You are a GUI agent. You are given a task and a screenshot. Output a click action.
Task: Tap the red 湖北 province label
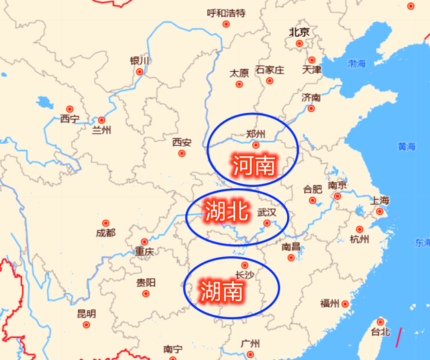[227, 211]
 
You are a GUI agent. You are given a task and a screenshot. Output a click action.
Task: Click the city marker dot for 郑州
[256, 145]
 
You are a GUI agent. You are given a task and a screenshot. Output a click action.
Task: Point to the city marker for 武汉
[267, 223]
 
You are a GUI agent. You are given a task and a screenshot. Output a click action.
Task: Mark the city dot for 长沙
[245, 265]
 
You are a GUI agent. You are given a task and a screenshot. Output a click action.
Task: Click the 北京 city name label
[299, 32]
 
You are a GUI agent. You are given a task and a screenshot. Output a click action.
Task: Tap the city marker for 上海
[380, 211]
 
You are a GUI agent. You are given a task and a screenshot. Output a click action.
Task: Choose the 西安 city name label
[182, 142]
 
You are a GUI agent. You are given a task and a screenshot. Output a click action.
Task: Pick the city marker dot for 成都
[106, 223]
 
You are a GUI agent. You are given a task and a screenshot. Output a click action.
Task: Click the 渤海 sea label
[357, 64]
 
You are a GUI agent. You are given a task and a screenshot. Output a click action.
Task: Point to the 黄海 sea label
[407, 146]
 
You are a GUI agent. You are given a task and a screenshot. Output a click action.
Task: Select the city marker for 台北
[380, 322]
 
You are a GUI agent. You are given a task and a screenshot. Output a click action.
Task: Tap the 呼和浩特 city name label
[226, 13]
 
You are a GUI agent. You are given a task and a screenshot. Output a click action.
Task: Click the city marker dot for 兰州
[101, 120]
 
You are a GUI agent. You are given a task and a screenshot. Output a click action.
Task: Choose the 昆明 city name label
[86, 314]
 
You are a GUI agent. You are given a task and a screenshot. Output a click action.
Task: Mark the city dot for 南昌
[291, 258]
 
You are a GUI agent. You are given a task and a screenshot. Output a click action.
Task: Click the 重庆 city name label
[144, 252]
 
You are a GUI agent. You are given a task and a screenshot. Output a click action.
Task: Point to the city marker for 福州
[345, 304]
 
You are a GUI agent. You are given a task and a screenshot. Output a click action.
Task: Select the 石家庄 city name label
[270, 70]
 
